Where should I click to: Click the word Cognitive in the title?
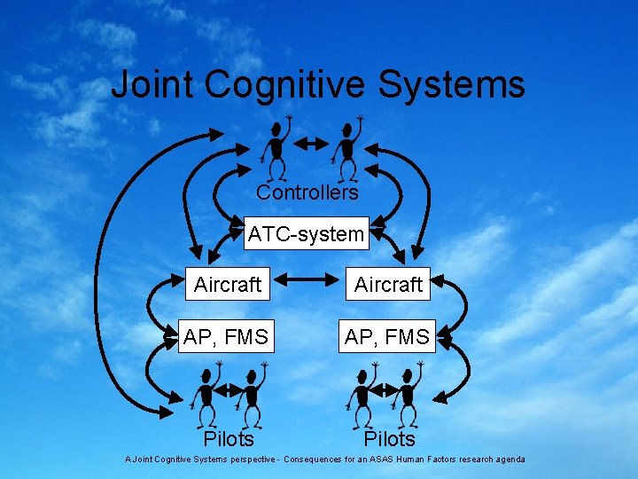tap(285, 86)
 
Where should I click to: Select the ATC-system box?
tap(306, 234)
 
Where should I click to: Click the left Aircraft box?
tap(228, 284)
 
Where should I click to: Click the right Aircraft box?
tap(388, 284)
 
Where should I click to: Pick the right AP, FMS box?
tap(388, 337)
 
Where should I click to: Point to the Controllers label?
tap(307, 192)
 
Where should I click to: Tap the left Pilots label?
tap(229, 439)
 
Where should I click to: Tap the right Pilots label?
tap(389, 439)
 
